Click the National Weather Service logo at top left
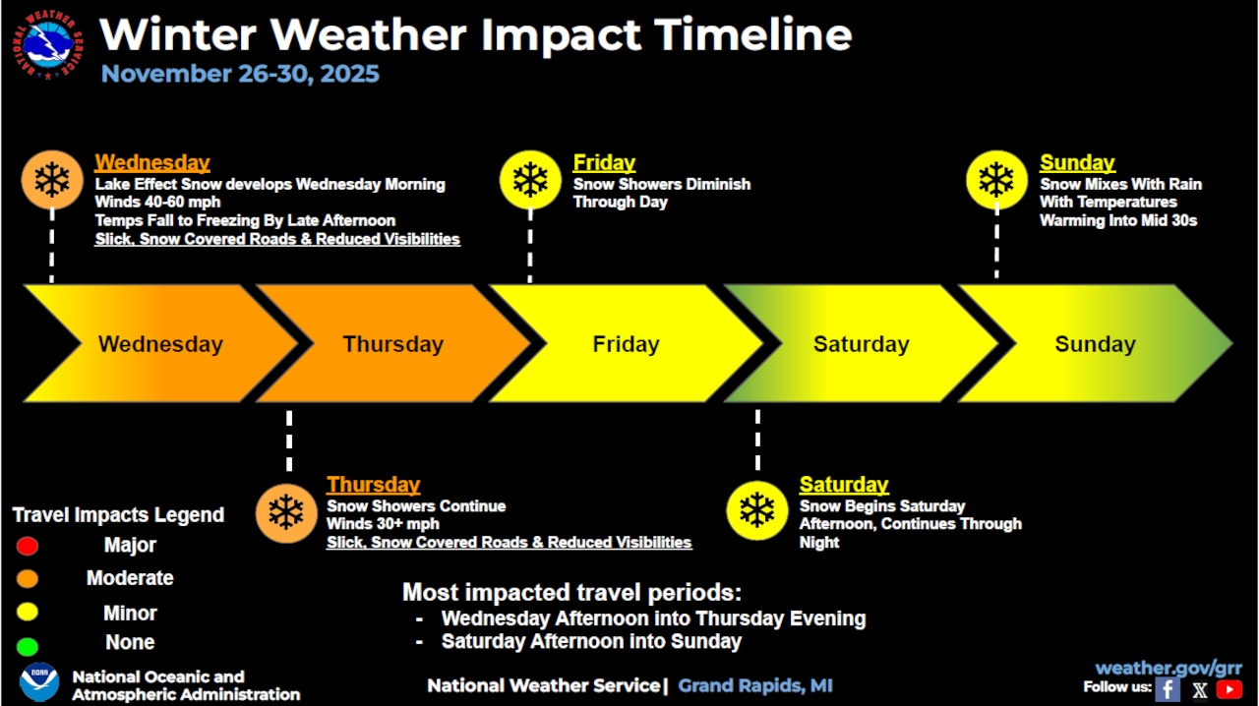(x=48, y=45)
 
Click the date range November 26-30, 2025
(x=240, y=74)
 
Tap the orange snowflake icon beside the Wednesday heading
(x=51, y=180)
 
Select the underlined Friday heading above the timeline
(x=604, y=163)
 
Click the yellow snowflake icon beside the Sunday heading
(x=995, y=180)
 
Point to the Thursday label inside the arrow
(x=392, y=344)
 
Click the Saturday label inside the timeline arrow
(x=861, y=344)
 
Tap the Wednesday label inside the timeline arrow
(x=160, y=344)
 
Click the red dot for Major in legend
(x=28, y=546)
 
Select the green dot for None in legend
(x=28, y=646)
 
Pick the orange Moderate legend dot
(x=28, y=579)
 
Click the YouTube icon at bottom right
(x=1229, y=689)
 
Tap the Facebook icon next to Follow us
(x=1168, y=689)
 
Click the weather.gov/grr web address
(x=1169, y=669)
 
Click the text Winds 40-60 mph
(x=157, y=203)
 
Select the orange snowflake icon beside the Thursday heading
(x=286, y=512)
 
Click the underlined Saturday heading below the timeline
(x=843, y=485)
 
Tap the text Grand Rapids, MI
(x=755, y=685)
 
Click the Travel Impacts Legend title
(x=118, y=515)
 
